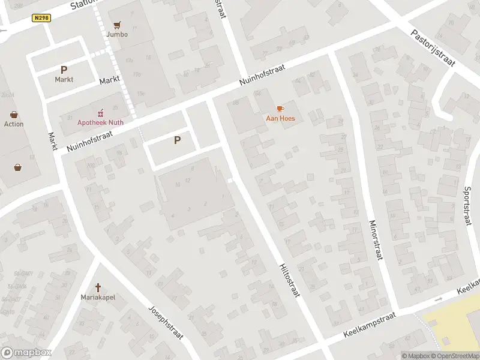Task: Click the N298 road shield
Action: tap(41, 18)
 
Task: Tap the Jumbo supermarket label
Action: tap(117, 34)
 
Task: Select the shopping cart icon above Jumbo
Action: tap(117, 25)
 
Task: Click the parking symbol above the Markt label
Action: tap(64, 70)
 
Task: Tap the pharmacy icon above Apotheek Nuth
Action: tap(100, 113)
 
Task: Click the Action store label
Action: tap(14, 124)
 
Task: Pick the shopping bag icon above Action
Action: tap(14, 115)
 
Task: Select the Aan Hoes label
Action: tap(280, 118)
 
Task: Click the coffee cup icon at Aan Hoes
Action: tap(280, 109)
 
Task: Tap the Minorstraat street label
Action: tap(374, 241)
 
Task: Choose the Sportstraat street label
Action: tap(467, 206)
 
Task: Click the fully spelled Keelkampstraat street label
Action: tap(370, 325)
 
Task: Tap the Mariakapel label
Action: tap(98, 297)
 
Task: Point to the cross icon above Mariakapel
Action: tap(98, 287)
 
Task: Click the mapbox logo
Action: tap(26, 353)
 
